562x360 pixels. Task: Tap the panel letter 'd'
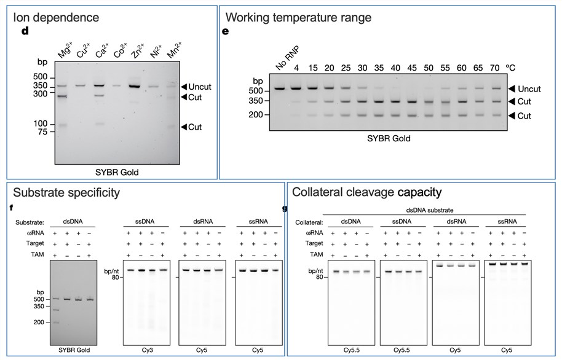coord(25,31)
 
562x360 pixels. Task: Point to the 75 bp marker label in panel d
coord(42,132)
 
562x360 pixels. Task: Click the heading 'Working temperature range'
coord(299,18)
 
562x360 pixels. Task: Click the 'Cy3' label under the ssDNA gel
coord(146,350)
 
